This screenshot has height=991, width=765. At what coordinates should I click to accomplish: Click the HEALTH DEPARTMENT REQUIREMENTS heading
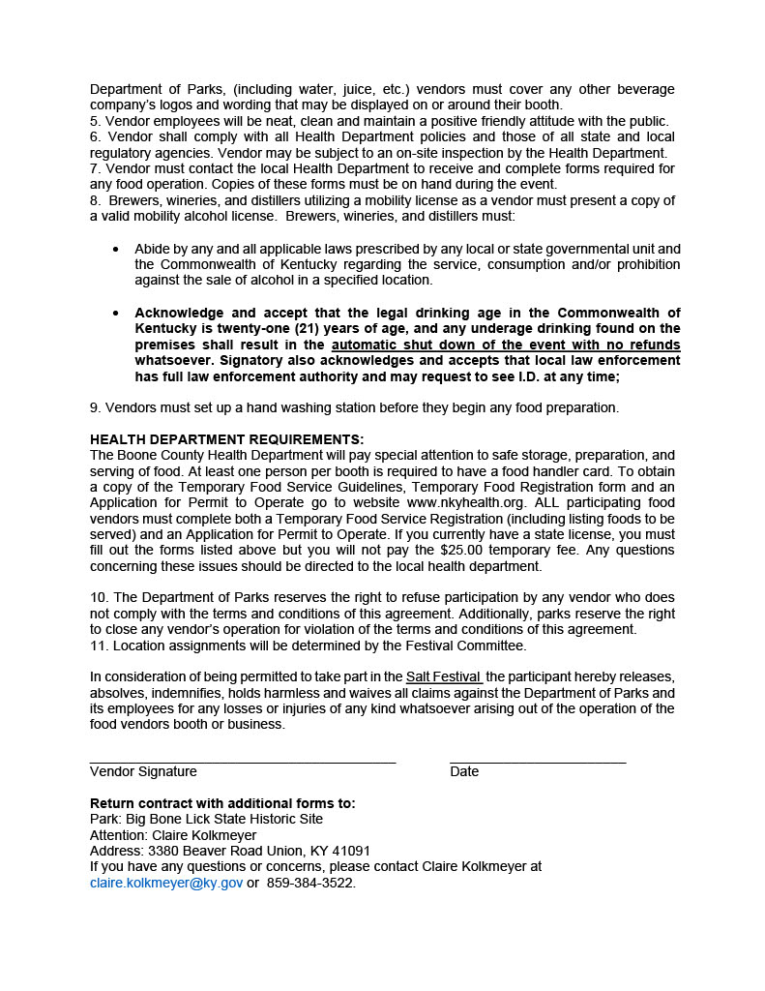pos(227,439)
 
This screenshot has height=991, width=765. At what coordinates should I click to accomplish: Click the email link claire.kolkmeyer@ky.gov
pos(166,883)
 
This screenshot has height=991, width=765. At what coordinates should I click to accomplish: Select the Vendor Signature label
pos(143,771)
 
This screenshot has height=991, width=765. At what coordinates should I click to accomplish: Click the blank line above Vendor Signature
pos(243,762)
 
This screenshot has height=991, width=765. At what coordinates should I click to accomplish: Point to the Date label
pos(464,771)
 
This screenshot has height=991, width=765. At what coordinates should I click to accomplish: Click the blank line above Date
pos(538,762)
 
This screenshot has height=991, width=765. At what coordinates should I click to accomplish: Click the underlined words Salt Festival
pos(444,676)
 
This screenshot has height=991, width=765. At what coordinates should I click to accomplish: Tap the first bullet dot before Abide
pos(116,249)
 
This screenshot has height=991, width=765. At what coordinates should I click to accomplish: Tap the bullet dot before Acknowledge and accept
pos(116,313)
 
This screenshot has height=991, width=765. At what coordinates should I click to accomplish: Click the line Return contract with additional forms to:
pos(222,803)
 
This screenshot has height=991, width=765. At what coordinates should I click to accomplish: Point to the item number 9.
pos(95,407)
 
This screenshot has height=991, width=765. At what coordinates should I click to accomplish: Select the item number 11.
pos(98,645)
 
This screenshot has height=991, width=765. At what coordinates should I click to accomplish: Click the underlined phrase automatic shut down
pos(401,345)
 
